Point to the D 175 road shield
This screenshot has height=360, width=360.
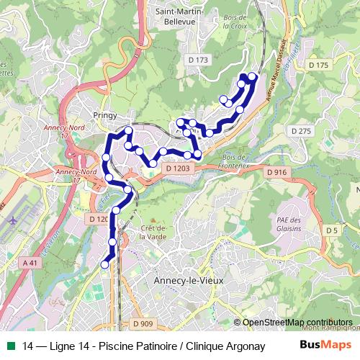318,66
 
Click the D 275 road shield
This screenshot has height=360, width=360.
302,130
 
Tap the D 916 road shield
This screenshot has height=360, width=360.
276,172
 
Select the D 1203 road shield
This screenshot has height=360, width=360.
176,168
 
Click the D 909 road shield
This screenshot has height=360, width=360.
144,323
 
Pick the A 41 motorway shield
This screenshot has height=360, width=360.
30,264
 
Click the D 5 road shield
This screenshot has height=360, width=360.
331,230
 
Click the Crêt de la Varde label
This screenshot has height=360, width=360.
152,232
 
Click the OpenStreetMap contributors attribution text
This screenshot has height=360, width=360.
297,323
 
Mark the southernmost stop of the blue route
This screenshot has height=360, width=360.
104,264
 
